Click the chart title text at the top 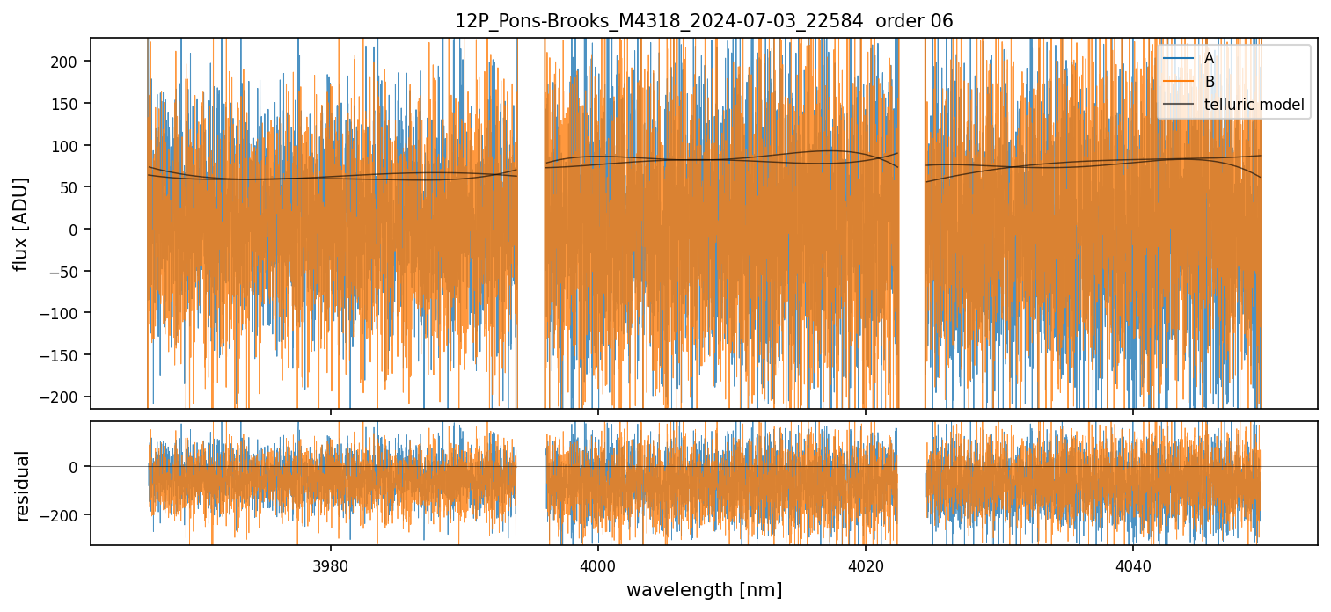704,21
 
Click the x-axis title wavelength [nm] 704,589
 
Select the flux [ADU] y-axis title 20,223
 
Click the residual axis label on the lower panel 23,485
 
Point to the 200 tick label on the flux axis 69,62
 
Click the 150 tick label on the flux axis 69,104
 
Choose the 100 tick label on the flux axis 69,145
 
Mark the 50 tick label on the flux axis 73,187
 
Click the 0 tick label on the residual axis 77,467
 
